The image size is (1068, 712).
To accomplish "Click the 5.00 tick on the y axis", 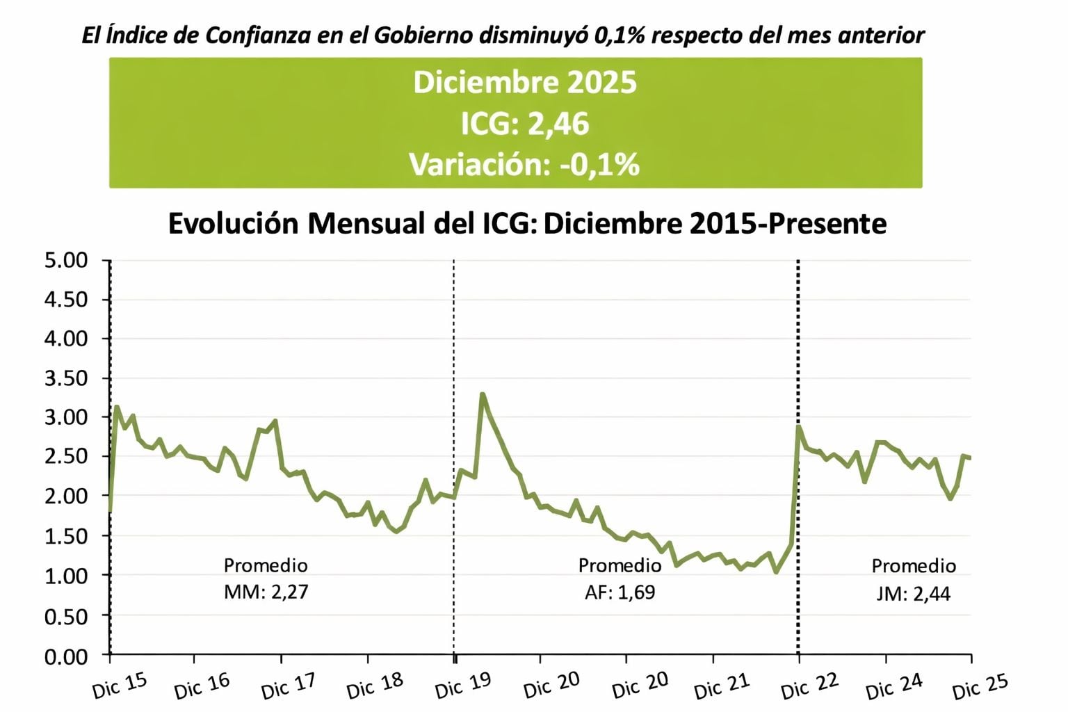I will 66,261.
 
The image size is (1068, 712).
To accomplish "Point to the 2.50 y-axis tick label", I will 66,457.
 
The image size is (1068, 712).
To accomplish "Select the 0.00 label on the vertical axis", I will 66,656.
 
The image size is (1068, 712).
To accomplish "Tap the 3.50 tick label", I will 66,378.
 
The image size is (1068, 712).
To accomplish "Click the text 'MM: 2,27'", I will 266,592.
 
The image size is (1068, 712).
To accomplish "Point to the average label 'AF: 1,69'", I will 620,592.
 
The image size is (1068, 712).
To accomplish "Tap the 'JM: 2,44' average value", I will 914,593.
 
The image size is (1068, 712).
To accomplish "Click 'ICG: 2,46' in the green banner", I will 524,124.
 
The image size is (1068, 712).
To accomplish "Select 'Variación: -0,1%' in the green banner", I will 524,165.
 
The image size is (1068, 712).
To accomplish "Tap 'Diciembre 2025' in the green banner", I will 524,82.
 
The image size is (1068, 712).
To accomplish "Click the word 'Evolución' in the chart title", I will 233,224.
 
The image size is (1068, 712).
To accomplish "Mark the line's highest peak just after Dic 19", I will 483,394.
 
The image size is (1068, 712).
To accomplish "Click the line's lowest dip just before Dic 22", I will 776,572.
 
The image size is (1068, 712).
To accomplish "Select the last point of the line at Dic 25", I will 970,458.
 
